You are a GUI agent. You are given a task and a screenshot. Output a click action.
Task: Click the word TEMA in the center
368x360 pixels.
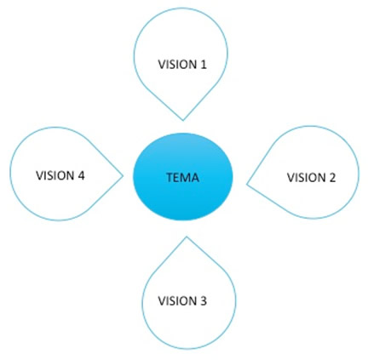click(x=182, y=178)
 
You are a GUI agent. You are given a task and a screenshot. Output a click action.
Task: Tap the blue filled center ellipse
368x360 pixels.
click(x=183, y=176)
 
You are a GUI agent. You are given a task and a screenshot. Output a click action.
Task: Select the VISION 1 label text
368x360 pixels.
click(x=182, y=65)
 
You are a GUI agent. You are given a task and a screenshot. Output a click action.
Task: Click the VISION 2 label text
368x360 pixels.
click(x=311, y=178)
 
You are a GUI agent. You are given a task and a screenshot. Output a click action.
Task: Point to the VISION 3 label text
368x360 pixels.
click(x=182, y=300)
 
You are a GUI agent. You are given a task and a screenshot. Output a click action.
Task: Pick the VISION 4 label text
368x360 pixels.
click(x=60, y=175)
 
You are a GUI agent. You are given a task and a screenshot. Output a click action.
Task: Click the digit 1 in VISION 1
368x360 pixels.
click(x=203, y=65)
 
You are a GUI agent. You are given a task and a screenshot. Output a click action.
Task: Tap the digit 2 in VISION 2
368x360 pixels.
click(x=331, y=178)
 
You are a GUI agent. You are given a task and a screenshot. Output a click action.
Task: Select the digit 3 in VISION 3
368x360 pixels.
click(x=203, y=300)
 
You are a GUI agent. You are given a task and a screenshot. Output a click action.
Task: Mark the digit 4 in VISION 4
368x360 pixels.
click(x=81, y=175)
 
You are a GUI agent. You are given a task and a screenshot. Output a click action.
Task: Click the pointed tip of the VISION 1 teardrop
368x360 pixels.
click(x=183, y=120)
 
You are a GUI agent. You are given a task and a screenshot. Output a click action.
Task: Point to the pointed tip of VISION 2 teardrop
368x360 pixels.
click(x=246, y=185)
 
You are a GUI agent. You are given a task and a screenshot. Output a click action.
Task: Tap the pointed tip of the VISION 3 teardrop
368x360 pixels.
click(x=187, y=237)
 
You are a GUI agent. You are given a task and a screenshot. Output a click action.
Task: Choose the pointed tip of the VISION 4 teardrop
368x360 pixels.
click(x=123, y=176)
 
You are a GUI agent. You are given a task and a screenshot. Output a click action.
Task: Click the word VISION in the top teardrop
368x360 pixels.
click(x=177, y=65)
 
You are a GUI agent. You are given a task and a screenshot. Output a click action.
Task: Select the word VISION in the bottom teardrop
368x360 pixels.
click(x=177, y=300)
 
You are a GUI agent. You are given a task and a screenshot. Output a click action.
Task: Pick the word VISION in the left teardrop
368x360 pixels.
click(x=55, y=175)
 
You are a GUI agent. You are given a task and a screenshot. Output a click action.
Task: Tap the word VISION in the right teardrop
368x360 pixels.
click(x=307, y=178)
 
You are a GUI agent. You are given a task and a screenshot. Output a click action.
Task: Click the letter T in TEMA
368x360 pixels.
click(x=170, y=178)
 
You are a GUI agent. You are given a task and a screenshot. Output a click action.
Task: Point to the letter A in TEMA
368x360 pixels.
click(x=195, y=178)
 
